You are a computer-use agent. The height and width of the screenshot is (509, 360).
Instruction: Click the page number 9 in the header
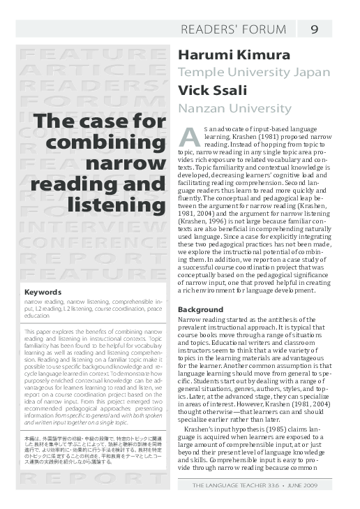click(314, 29)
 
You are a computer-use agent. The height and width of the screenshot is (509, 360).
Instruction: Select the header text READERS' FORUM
click(233, 29)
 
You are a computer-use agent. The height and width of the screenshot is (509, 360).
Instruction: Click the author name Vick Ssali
click(211, 91)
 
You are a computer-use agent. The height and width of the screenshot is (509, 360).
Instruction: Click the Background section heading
click(200, 309)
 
